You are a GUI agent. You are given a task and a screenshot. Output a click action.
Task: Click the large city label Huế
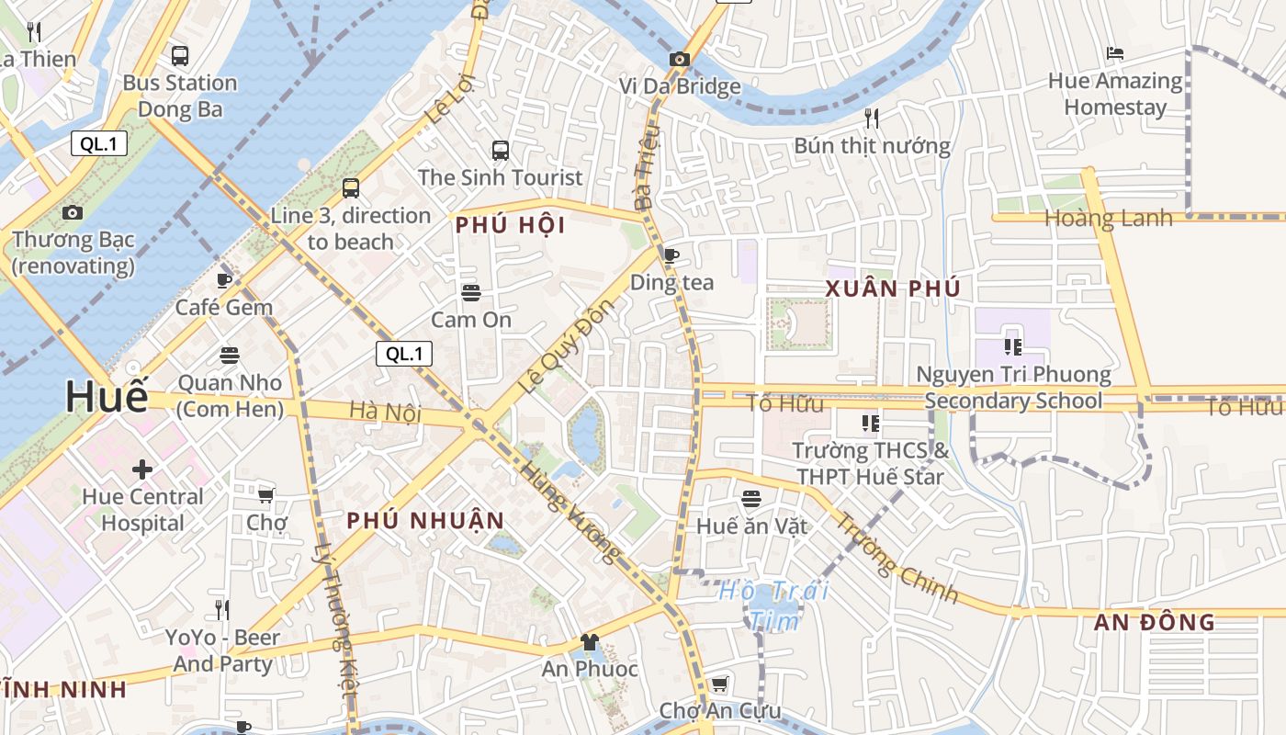click(107, 396)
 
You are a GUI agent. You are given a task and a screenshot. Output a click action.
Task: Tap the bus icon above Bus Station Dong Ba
click(180, 55)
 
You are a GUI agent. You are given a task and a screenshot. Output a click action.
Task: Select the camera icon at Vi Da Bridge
click(680, 60)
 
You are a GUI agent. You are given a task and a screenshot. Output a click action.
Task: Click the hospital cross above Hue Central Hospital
click(142, 469)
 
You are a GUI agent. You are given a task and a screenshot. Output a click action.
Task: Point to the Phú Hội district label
click(510, 225)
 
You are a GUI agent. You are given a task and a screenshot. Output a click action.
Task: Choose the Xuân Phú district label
click(893, 288)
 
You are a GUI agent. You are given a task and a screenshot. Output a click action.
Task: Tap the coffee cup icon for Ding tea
click(671, 254)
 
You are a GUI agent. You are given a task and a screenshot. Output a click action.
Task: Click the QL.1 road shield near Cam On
click(404, 354)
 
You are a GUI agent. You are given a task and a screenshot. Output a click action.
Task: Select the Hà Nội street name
click(385, 413)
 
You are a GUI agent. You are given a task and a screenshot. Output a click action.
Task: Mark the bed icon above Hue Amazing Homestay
click(1115, 53)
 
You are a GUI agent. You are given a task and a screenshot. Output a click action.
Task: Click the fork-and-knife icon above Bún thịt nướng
click(872, 118)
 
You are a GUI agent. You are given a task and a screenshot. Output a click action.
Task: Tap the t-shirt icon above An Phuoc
click(590, 642)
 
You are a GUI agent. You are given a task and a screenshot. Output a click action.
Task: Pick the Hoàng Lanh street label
click(1109, 219)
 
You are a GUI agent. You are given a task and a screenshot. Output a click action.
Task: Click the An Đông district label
click(1154, 622)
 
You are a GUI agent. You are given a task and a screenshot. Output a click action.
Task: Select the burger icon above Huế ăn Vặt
click(751, 499)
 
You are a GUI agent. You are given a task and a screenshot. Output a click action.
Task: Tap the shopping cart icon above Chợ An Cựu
click(719, 684)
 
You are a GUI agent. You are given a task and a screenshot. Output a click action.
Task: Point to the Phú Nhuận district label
click(425, 521)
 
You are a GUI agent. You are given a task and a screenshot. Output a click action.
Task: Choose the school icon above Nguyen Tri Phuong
click(1013, 346)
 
